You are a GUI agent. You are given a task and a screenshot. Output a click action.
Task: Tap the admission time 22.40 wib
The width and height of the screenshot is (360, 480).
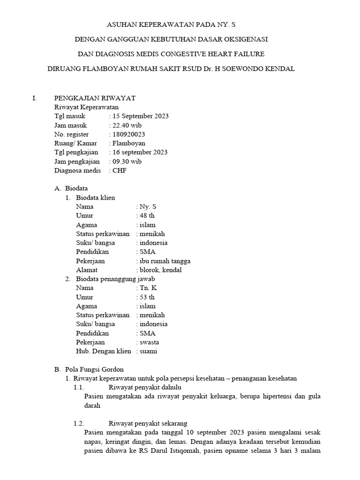(126, 125)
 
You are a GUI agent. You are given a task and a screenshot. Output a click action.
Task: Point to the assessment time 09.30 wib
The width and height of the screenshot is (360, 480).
(126, 162)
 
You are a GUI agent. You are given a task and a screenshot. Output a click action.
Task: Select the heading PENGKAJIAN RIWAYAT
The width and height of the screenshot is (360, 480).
(95, 98)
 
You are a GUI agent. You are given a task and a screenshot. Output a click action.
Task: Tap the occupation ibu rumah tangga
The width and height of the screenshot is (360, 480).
(165, 261)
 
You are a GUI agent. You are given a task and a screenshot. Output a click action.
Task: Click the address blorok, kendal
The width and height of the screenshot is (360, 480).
(160, 270)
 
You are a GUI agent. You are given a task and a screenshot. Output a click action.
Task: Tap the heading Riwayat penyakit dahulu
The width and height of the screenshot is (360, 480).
(145, 388)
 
